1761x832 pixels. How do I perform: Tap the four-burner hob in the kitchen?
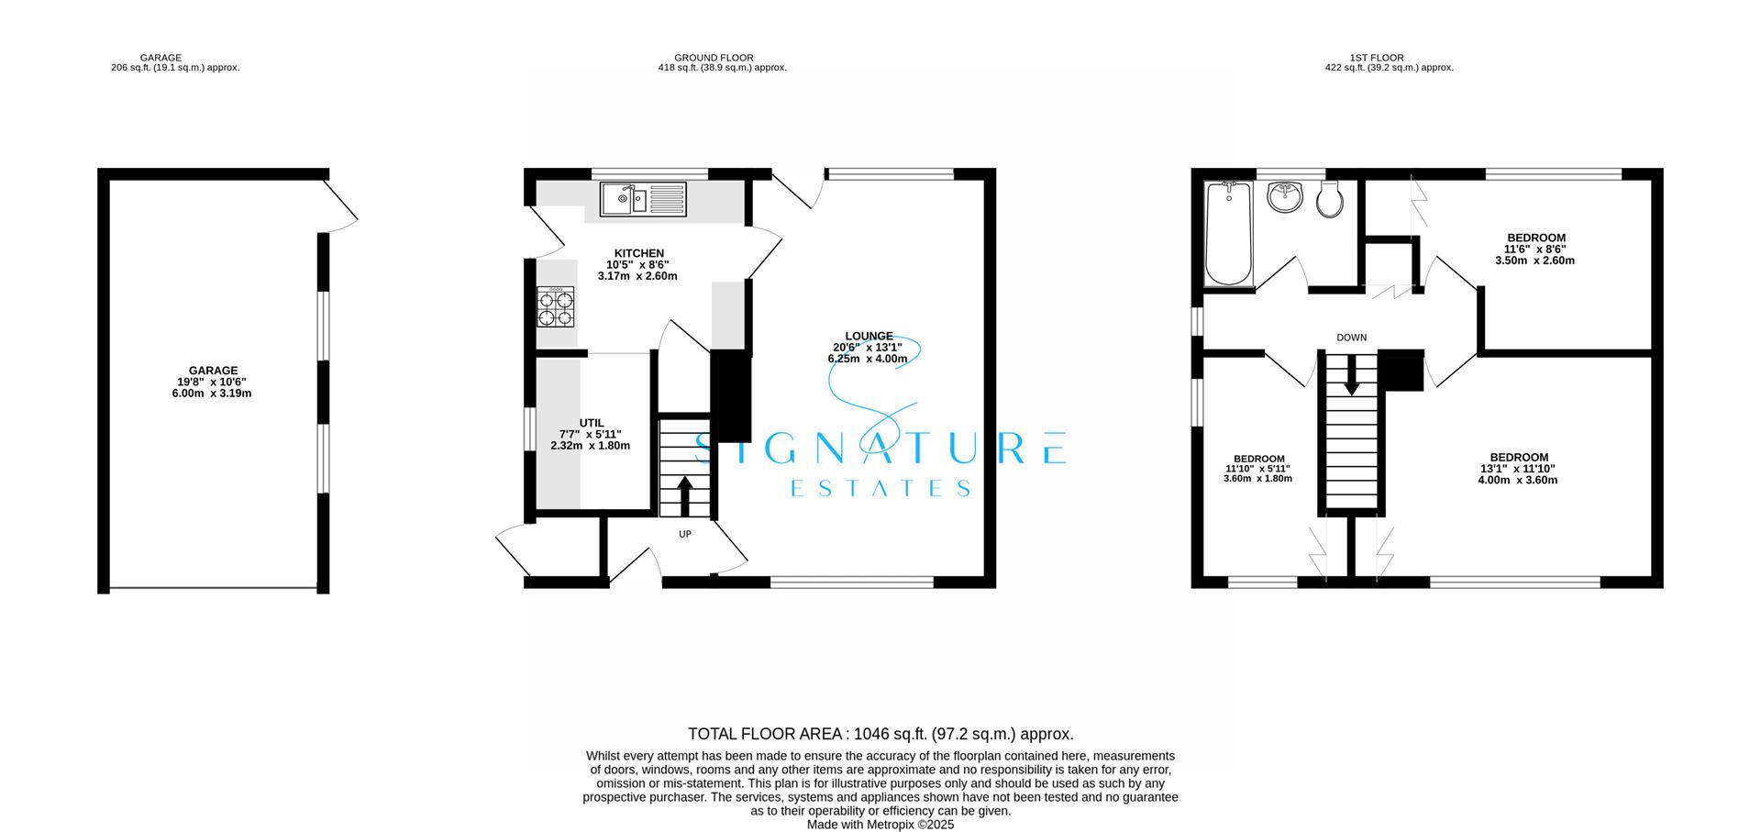[x=556, y=306]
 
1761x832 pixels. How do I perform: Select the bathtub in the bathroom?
[x=1227, y=235]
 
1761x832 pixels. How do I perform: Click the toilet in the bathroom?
[x=1329, y=200]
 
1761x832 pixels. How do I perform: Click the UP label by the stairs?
[x=684, y=534]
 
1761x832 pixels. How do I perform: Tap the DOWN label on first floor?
[x=1351, y=338]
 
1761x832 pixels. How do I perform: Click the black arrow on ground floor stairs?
[x=685, y=495]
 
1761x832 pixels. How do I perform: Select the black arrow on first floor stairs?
[x=1351, y=378]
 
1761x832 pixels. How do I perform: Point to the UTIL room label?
[x=592, y=423]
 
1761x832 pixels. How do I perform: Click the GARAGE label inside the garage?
[x=213, y=371]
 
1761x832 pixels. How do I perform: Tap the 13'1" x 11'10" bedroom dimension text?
[x=1518, y=469]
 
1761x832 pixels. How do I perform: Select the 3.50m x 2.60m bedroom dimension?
[x=1534, y=261]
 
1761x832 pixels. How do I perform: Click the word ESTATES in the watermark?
[x=880, y=489]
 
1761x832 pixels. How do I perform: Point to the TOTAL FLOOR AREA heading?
[x=764, y=734]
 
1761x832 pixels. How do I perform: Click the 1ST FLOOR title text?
[x=1389, y=58]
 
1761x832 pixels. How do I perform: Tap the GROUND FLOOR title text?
[x=713, y=58]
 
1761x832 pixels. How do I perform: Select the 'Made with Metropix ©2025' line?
[x=880, y=825]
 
